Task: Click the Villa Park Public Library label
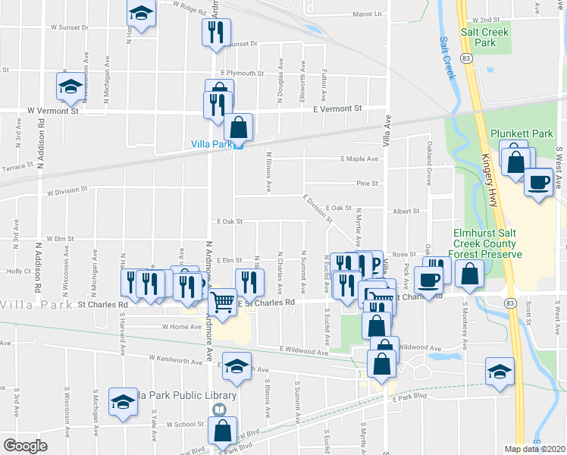pyautogui.click(x=183, y=395)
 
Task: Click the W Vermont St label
pyautogui.click(x=53, y=111)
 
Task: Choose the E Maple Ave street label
pyautogui.click(x=358, y=158)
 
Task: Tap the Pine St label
pyautogui.click(x=367, y=183)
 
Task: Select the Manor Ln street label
pyautogui.click(x=367, y=14)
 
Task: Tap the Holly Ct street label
pyautogui.click(x=17, y=271)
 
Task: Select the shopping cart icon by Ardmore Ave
pyautogui.click(x=222, y=302)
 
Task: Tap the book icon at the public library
pyautogui.click(x=219, y=410)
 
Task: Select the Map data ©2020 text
pyautogui.click(x=535, y=449)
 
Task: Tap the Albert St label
pyautogui.click(x=406, y=212)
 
